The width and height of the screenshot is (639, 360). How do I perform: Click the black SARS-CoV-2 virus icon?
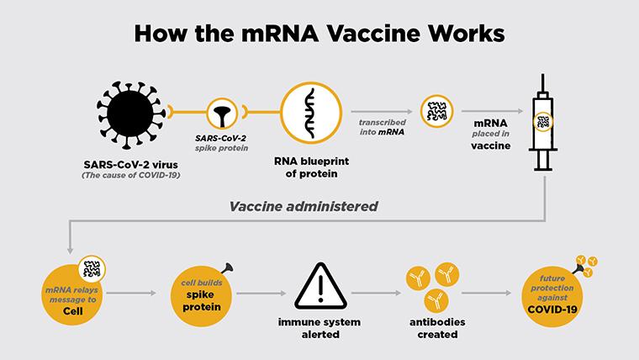[131, 114]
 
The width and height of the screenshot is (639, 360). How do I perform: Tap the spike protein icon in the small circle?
[222, 116]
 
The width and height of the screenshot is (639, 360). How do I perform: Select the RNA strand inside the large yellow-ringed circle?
[311, 113]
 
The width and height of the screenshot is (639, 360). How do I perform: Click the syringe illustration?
[543, 122]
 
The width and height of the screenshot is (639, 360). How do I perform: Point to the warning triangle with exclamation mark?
[320, 286]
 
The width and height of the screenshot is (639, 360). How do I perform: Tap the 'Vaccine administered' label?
[304, 206]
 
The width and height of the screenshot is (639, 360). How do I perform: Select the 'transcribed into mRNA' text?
[383, 127]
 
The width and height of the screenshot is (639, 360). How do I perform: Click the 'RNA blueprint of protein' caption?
[311, 167]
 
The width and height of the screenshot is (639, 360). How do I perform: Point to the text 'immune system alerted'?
[319, 328]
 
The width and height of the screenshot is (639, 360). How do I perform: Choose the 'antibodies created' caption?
[437, 328]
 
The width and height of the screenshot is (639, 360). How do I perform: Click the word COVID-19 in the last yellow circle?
[552, 310]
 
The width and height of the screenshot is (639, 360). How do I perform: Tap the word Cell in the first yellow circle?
[73, 311]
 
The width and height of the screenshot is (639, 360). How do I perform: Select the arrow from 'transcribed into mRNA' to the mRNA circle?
[382, 111]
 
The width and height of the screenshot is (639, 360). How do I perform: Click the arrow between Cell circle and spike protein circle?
[131, 293]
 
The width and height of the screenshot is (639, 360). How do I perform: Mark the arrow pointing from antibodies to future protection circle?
[486, 293]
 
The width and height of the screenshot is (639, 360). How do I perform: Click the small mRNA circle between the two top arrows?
[437, 111]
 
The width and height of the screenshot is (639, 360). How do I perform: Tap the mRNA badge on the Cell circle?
[92, 269]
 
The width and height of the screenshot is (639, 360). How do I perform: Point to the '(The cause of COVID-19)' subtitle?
[131, 175]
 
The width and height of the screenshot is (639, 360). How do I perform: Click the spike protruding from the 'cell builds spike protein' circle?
[226, 267]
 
